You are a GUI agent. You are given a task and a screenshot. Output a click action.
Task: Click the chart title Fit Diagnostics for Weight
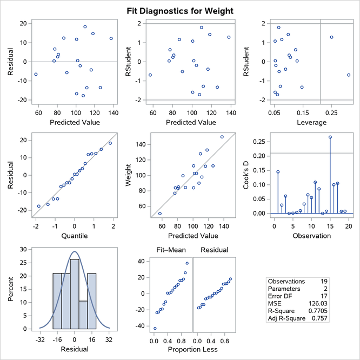pyautogui.click(x=180, y=10)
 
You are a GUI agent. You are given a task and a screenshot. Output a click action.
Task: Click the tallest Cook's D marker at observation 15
pyautogui.click(x=330, y=137)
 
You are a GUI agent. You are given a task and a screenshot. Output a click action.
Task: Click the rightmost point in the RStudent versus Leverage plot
pyautogui.click(x=349, y=75)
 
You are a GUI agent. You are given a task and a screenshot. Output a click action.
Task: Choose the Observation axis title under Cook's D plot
pyautogui.click(x=311, y=236)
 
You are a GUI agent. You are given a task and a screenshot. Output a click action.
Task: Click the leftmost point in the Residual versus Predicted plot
pyautogui.click(x=36, y=74)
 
